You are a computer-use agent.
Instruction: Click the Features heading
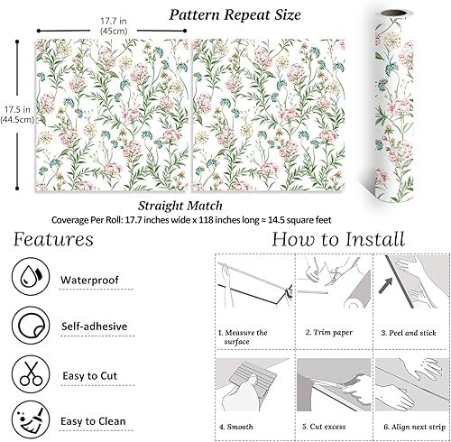[53, 240]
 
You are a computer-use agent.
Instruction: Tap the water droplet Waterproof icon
[28, 279]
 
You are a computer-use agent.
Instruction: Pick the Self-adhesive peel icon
[28, 324]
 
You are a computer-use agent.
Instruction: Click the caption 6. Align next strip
[413, 424]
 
